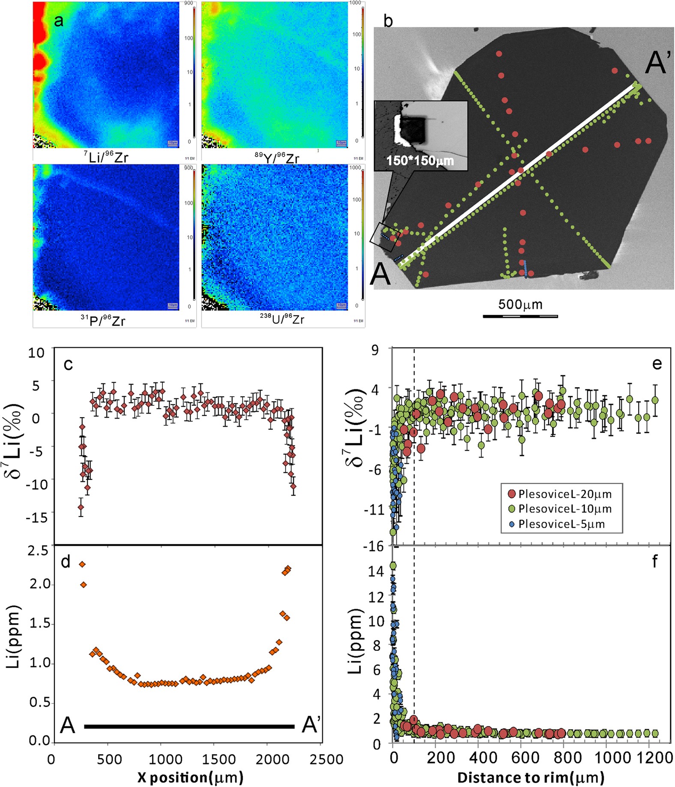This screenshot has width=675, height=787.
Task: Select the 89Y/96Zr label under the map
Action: click(277, 158)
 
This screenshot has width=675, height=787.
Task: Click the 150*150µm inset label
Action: click(420, 161)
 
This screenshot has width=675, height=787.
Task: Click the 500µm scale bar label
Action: click(520, 305)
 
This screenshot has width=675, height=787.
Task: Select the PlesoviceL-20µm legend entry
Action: click(564, 494)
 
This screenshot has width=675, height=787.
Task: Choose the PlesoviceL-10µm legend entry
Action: click(564, 509)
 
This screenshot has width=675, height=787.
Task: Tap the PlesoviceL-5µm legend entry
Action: click(561, 524)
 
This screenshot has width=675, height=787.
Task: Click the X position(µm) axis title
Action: click(190, 777)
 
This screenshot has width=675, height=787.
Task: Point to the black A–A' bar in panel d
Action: click(189, 726)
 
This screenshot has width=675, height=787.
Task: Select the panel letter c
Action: click(68, 364)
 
